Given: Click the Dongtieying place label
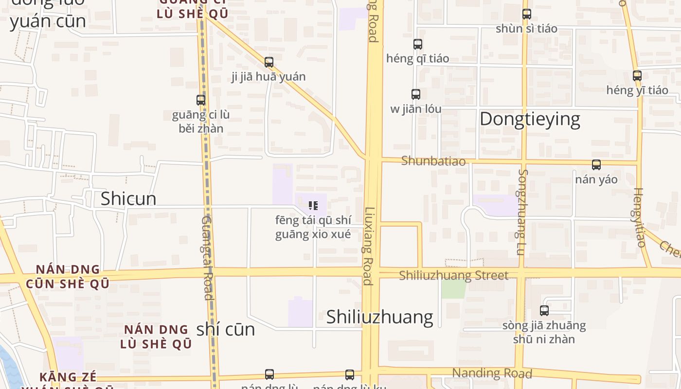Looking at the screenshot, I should (x=530, y=119).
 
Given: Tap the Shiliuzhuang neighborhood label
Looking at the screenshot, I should (x=379, y=317).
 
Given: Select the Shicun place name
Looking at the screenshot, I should (x=128, y=198).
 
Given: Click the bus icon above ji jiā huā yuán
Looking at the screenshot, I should (x=269, y=62).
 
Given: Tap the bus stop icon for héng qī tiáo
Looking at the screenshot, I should (x=418, y=44).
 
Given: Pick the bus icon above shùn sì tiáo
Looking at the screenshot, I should (x=527, y=14).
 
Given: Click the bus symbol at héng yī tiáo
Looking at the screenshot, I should (x=637, y=76).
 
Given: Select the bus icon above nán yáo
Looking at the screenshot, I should (x=596, y=165).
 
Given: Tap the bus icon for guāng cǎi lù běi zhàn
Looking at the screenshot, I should (x=201, y=100).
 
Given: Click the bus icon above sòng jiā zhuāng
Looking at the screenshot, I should (x=544, y=310).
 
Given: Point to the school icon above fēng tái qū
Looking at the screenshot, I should (x=313, y=206).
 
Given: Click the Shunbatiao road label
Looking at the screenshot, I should (x=433, y=161).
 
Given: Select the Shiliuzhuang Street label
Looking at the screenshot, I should (x=453, y=276).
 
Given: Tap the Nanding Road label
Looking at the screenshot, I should (x=492, y=373).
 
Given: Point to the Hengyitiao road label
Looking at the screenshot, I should (x=639, y=217).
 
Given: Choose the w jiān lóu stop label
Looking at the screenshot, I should (x=416, y=109).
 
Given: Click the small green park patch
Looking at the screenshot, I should (x=453, y=289).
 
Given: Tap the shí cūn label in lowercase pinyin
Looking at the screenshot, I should (x=226, y=330).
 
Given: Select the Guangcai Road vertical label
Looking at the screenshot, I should (x=207, y=258).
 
